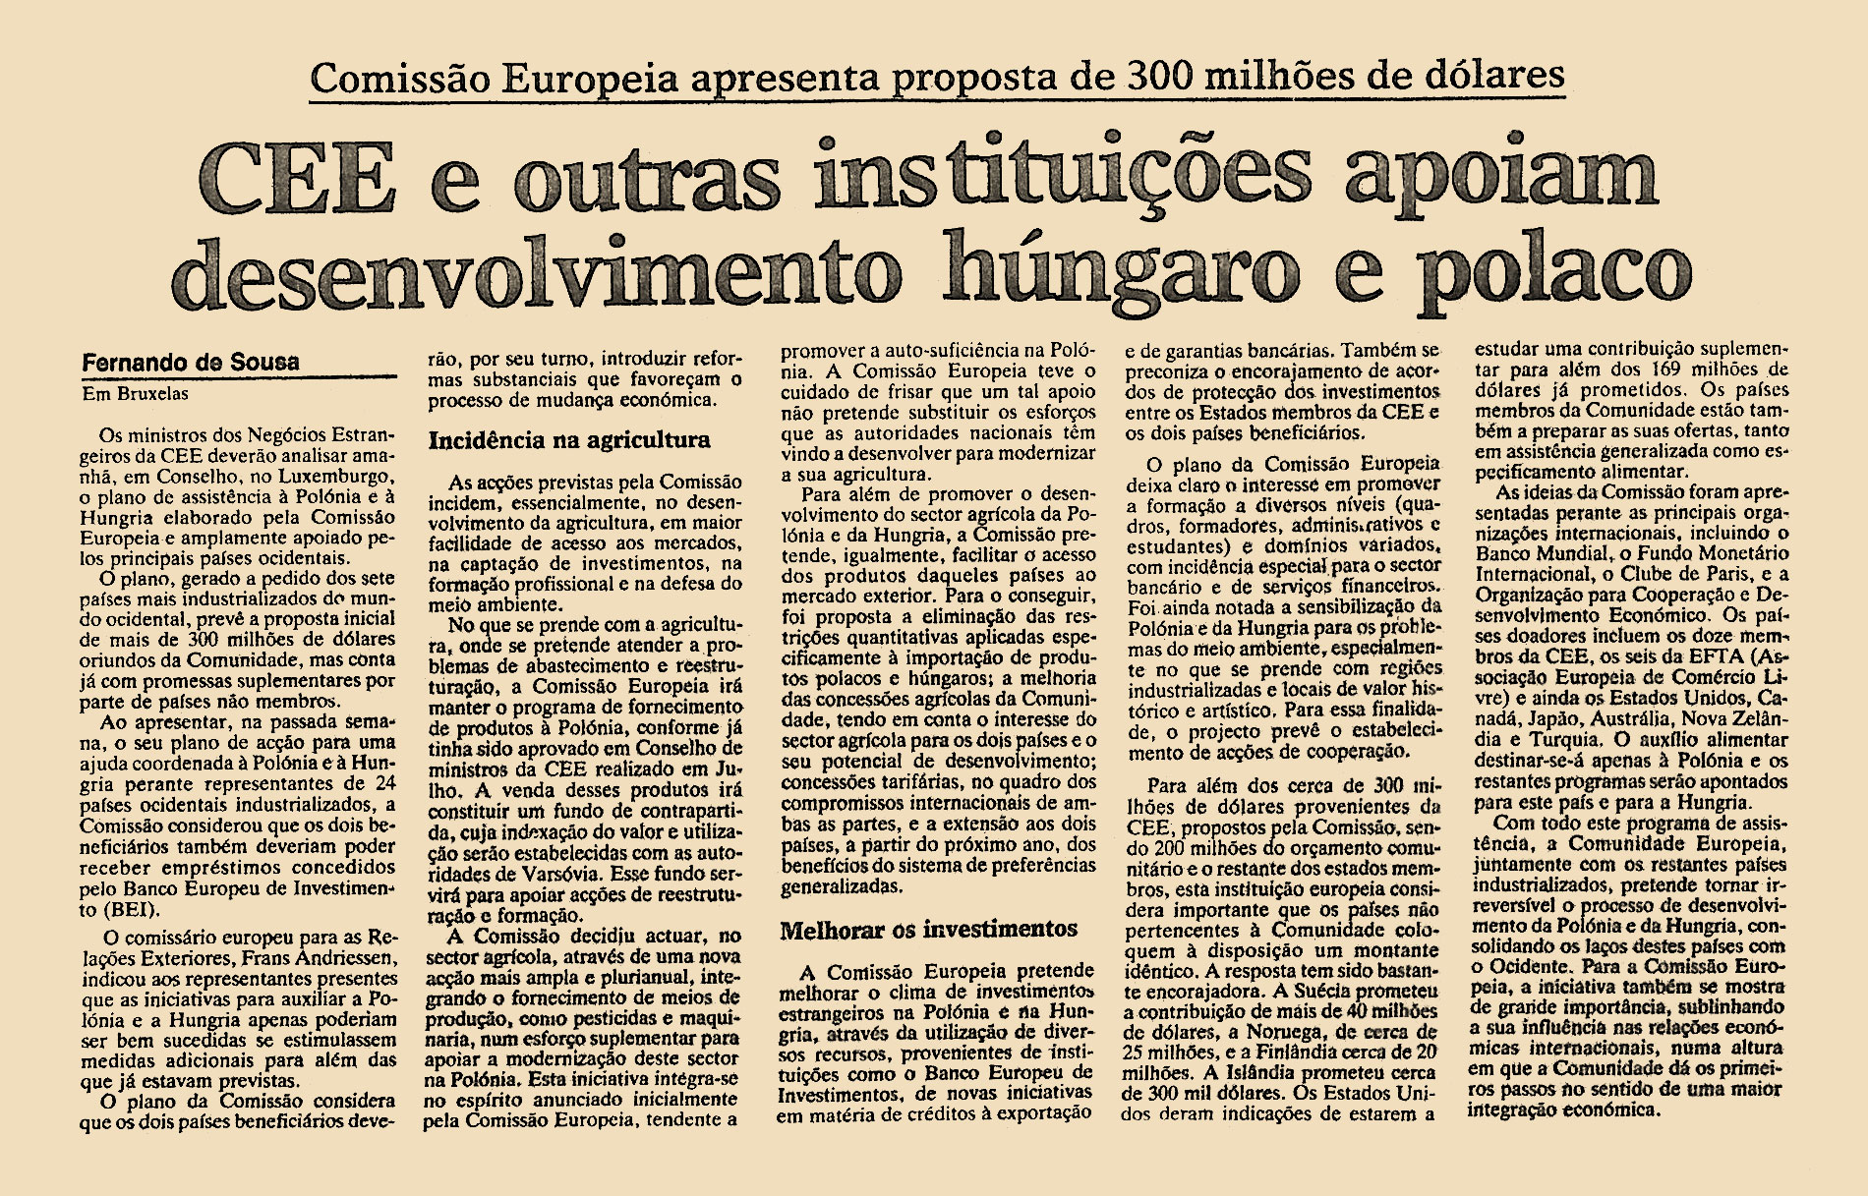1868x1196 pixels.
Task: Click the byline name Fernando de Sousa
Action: tap(191, 362)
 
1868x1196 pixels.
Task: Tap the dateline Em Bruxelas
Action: tap(135, 394)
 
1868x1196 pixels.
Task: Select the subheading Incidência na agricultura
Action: tap(569, 439)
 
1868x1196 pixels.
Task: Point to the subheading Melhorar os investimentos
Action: tap(928, 929)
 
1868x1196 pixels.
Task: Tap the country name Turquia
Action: tap(1548, 739)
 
